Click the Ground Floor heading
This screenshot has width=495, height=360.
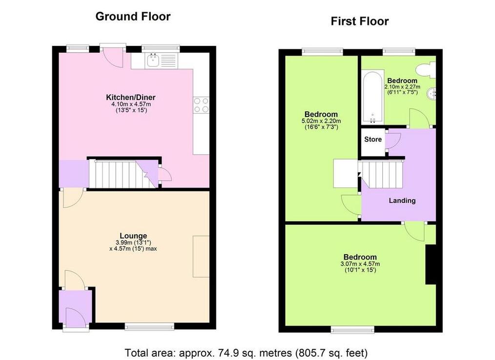[133, 17]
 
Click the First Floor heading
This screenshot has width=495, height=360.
[360, 21]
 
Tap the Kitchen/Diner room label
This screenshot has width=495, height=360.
[131, 97]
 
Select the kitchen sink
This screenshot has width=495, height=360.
[152, 60]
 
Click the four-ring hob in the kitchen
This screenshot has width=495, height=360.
[201, 105]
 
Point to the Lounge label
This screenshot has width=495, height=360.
[133, 236]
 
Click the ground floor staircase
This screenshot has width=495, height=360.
[123, 174]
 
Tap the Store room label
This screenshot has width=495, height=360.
[373, 139]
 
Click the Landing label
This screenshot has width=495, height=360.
[402, 200]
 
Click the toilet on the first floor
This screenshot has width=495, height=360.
[426, 70]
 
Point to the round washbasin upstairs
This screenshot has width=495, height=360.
[431, 93]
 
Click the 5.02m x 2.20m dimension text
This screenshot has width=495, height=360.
[321, 121]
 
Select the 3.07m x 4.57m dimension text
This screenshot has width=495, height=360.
[360, 264]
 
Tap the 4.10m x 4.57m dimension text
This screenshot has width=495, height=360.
[131, 104]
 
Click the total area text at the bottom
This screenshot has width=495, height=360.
[246, 352]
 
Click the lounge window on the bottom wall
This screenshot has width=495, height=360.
[149, 326]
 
